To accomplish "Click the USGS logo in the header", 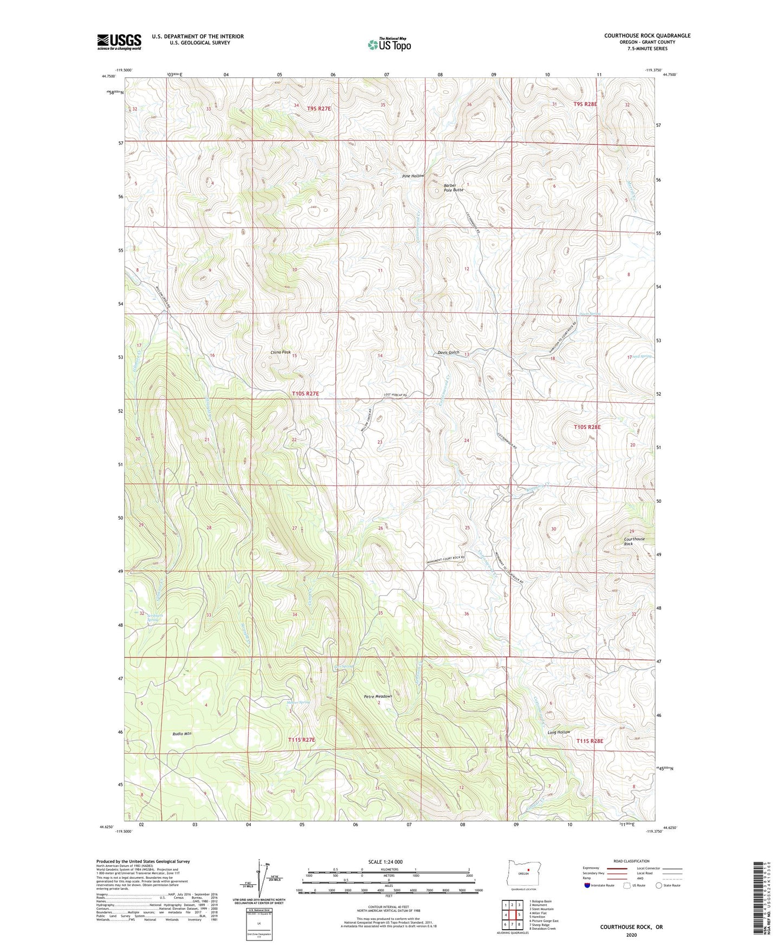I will pos(119,42).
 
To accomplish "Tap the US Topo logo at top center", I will pos(389,44).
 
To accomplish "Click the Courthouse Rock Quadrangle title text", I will pos(647,36).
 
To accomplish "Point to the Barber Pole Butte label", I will pos(454,188).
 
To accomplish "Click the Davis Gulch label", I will pos(448,353).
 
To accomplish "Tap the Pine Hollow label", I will pos(413,177).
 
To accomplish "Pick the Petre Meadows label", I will pos(378,696).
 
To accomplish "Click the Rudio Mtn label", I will pos(182,734).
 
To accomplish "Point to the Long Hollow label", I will pos(559,732).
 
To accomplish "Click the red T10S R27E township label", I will pos(306,394).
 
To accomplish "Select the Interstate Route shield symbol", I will pos(588,885).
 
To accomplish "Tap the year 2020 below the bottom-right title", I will pos(631,935).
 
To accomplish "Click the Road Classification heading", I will pos(631,861).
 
